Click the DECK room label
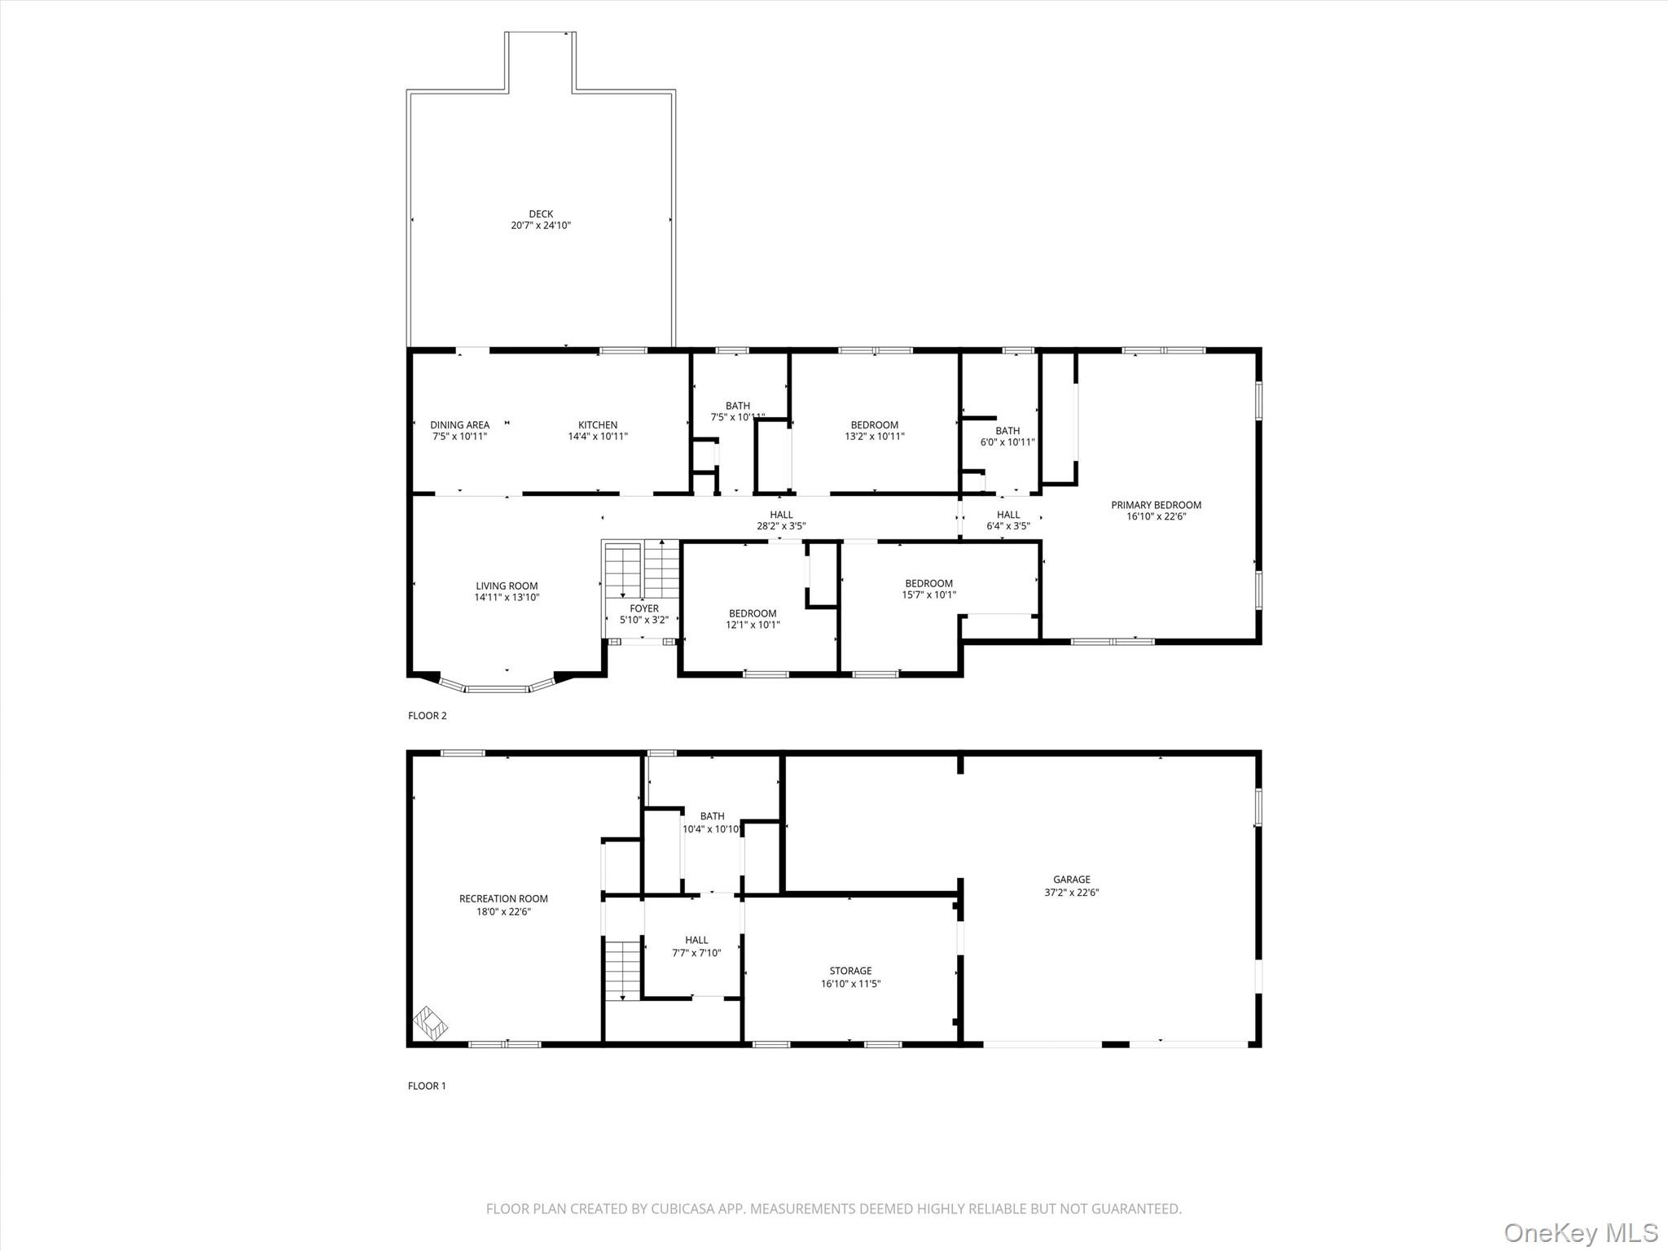pyautogui.click(x=541, y=214)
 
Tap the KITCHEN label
pyautogui.click(x=598, y=425)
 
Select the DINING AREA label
pyautogui.click(x=460, y=425)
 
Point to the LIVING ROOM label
pyautogui.click(x=507, y=586)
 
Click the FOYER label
pyautogui.click(x=644, y=608)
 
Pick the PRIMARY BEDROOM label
pyautogui.click(x=1157, y=505)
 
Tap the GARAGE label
pyautogui.click(x=1072, y=880)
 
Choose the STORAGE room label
pyautogui.click(x=851, y=971)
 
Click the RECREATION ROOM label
pyautogui.click(x=503, y=899)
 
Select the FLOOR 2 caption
pyautogui.click(x=428, y=716)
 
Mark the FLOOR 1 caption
pyautogui.click(x=427, y=1086)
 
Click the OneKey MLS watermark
pyautogui.click(x=1581, y=1232)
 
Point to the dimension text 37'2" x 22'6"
pyautogui.click(x=1072, y=892)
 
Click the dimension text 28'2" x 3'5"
pyautogui.click(x=781, y=526)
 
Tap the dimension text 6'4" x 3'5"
pyautogui.click(x=1008, y=526)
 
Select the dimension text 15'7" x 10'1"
pyautogui.click(x=929, y=595)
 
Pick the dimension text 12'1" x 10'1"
pyautogui.click(x=753, y=625)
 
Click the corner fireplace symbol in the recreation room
pyautogui.click(x=430, y=1025)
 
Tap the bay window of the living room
pyautogui.click(x=498, y=687)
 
